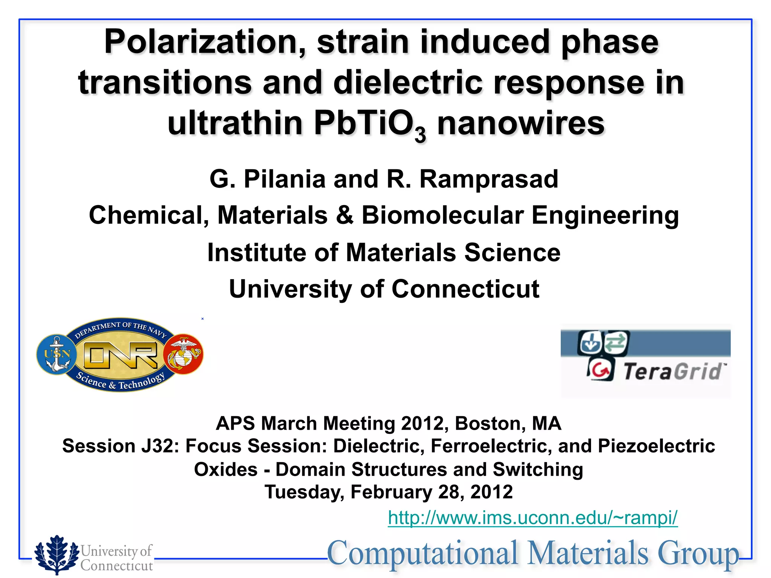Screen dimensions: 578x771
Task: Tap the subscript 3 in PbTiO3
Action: click(420, 135)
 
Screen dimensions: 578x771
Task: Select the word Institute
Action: click(256, 252)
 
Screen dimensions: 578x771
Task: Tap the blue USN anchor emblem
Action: click(57, 354)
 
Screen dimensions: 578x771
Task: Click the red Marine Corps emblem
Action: click(184, 354)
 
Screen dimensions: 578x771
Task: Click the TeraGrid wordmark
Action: click(673, 372)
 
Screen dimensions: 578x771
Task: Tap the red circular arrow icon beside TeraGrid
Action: click(601, 370)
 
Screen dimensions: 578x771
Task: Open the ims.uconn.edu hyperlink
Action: click(533, 518)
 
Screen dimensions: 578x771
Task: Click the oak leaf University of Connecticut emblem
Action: click(56, 554)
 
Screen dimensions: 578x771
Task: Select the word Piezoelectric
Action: click(656, 446)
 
